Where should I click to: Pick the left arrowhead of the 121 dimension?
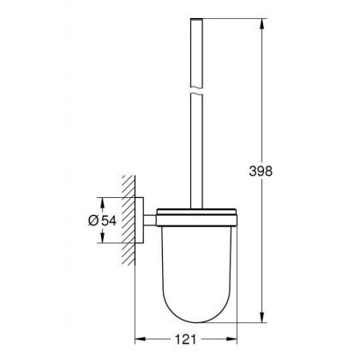(x=140, y=337)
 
